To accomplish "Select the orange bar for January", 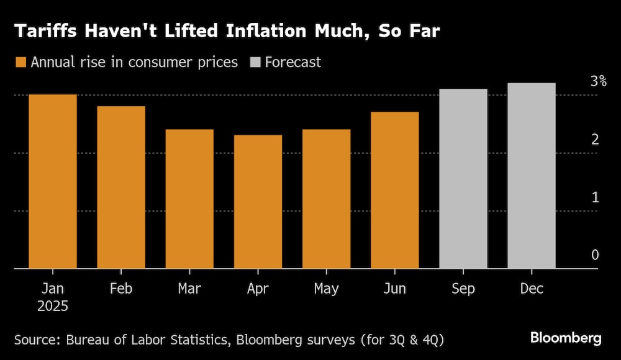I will coord(53,181).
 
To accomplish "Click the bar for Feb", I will coord(121,187).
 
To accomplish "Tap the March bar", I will coord(189,199).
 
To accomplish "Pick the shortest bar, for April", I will coord(258,202).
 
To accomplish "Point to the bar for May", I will coord(326,199).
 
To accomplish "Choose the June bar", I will coord(394,190).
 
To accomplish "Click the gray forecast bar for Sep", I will coord(463,179).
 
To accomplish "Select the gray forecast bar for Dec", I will coord(531,176).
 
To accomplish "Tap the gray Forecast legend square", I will coord(255,62).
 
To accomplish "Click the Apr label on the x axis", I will coord(258,289).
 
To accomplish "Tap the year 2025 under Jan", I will coord(53,306).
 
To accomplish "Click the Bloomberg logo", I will coord(565,338).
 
